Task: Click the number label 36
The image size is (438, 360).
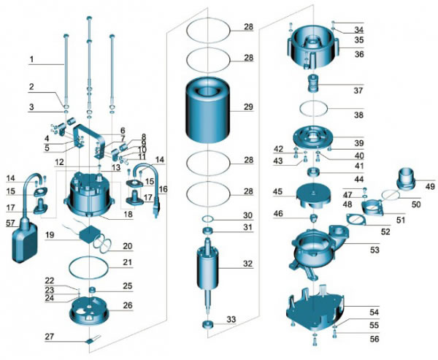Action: pos(358,53)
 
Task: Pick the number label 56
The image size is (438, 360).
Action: pos(354,339)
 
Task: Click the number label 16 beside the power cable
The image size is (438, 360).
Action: pos(162,189)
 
